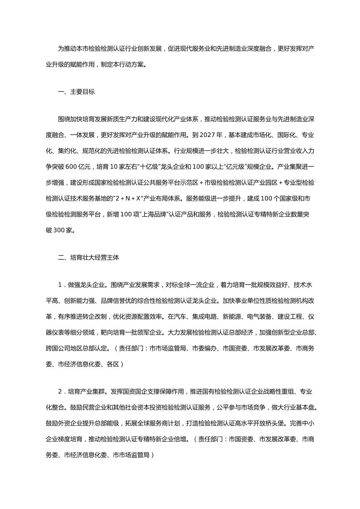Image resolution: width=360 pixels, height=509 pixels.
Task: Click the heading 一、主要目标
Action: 76,92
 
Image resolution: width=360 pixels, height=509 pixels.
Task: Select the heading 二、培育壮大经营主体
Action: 88,258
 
